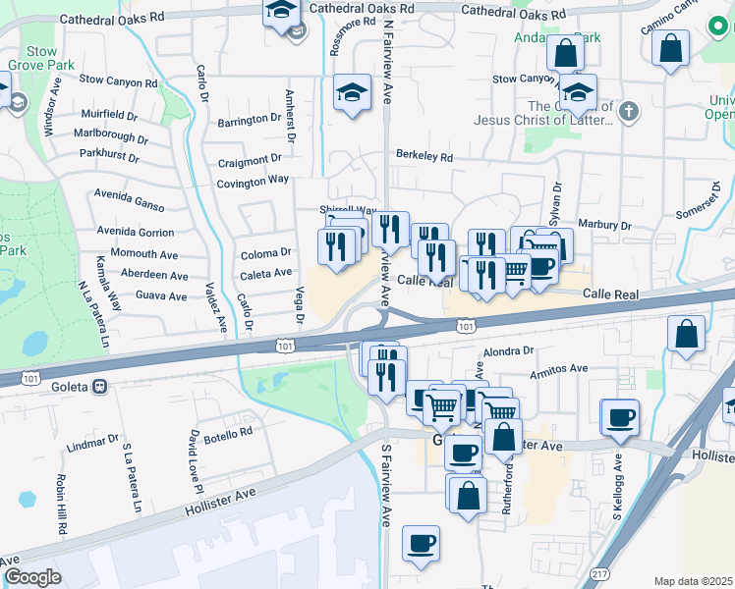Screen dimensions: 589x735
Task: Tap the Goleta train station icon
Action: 98,387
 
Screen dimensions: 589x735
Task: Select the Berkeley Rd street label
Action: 424,156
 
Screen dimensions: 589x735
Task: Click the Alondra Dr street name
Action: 507,349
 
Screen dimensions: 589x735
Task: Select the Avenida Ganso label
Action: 129,194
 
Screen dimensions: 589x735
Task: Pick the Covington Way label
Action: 253,181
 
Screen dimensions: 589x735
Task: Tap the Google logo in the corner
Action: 32,577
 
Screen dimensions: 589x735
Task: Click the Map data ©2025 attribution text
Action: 693,580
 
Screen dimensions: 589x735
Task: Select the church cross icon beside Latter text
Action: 630,112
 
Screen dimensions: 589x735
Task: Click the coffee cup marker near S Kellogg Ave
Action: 620,416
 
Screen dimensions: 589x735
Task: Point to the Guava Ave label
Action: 161,294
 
